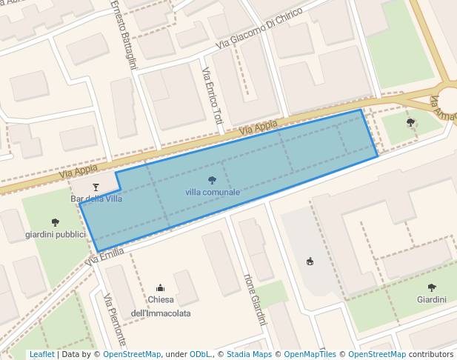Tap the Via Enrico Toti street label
coord(212,96)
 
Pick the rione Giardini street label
coord(254,299)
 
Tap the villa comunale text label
coord(213,192)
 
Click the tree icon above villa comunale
coord(213,180)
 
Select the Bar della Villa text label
coord(96,199)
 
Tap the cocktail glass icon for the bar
coord(96,187)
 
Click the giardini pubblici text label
coord(56,234)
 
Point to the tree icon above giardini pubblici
coord(56,222)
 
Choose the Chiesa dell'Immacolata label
coord(161,307)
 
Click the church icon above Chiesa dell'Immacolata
coord(161,287)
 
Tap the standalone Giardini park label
coord(432,300)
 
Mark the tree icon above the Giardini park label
coord(432,287)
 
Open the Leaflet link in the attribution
coord(42,355)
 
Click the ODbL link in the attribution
coord(200,355)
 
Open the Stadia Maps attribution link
coord(249,355)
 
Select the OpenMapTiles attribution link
coord(310,355)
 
